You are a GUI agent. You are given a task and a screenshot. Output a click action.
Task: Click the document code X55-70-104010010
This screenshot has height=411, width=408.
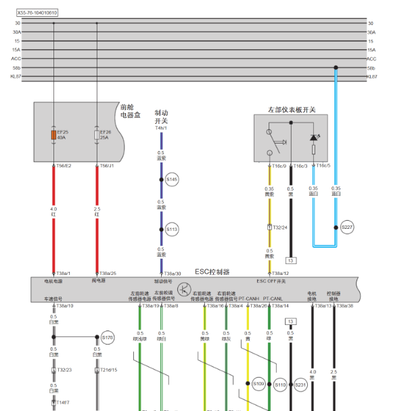pos(37,12)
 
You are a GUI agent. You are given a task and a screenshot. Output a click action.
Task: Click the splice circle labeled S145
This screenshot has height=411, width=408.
pos(173,179)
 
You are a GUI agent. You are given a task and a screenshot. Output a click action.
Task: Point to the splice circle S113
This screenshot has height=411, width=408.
pos(173,230)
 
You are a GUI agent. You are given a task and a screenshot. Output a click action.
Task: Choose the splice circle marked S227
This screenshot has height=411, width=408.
pos(347,228)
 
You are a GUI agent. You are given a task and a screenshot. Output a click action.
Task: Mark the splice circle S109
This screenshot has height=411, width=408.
pos(258,384)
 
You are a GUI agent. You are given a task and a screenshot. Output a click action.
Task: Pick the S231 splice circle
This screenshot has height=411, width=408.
pos(300,385)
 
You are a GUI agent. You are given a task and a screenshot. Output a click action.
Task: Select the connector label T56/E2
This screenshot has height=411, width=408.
pos(62,165)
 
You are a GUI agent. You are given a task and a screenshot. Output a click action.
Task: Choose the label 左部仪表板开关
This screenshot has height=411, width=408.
pos(292,109)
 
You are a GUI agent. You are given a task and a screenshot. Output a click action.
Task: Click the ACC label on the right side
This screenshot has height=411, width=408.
pos(371,58)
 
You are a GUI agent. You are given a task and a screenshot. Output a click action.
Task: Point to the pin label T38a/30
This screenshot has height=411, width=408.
pos(173,273)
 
